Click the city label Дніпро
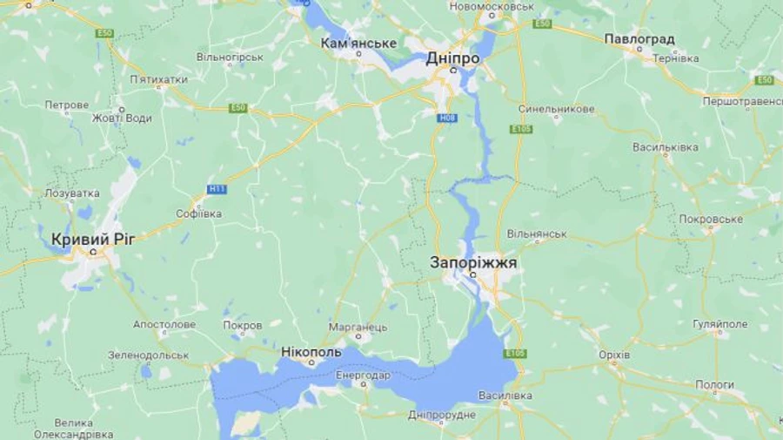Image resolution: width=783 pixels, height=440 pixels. (452, 58)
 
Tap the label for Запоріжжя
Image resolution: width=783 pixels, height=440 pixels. (473, 261)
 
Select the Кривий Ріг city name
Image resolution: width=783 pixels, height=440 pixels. (93, 239)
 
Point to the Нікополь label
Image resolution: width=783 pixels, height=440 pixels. (311, 352)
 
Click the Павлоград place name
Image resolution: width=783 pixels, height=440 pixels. (639, 39)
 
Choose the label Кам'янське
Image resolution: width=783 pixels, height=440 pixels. (358, 43)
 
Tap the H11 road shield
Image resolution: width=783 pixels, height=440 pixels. (216, 188)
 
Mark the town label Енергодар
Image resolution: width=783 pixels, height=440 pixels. (364, 376)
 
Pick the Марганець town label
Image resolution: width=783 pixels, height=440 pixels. (358, 327)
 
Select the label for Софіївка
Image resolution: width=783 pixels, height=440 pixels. (198, 213)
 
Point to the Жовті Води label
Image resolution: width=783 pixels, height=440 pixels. (122, 118)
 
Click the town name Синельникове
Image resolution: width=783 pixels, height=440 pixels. (557, 109)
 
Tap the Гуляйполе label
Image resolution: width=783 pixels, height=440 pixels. (720, 324)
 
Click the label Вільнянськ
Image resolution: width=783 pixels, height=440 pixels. (537, 234)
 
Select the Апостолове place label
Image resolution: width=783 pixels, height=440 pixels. (164, 324)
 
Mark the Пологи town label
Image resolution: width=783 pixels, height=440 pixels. (714, 384)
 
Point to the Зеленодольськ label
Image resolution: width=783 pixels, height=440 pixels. (148, 355)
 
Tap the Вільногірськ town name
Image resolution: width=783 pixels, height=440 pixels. (230, 57)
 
